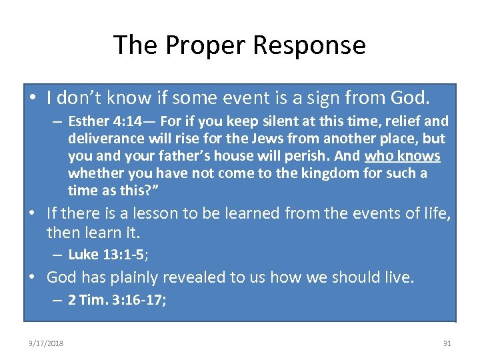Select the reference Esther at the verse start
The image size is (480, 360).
tap(87, 122)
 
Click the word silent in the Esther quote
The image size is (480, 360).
tap(259, 122)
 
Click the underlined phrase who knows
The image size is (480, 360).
tap(403, 157)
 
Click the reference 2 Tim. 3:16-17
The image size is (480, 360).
tap(117, 301)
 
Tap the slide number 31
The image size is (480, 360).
tap(447, 343)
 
